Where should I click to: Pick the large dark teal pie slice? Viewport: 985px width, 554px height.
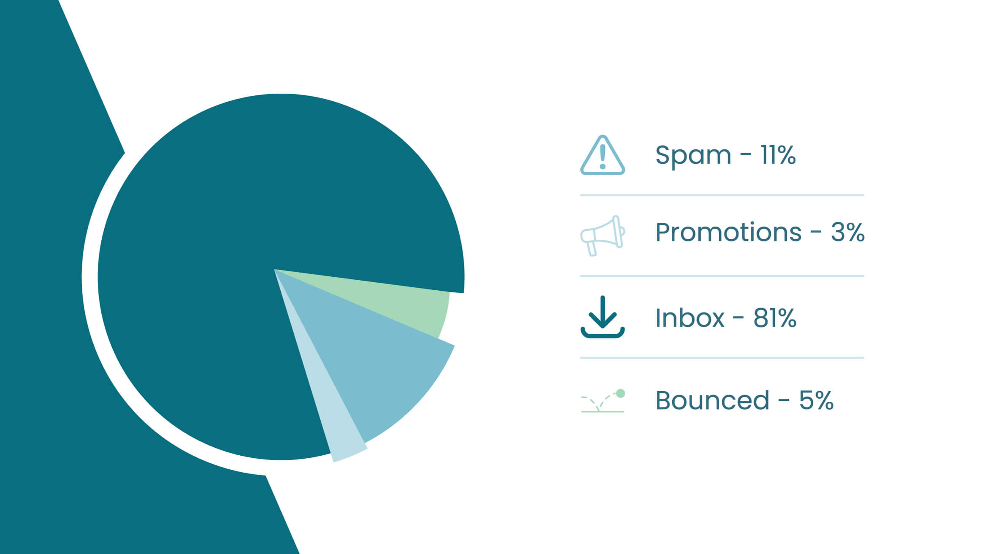click(236, 236)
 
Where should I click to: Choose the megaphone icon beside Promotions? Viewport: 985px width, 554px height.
click(602, 235)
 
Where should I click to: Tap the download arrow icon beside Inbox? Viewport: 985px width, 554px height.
click(602, 317)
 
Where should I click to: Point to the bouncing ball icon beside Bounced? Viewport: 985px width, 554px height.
click(602, 401)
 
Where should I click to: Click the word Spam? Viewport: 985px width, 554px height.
click(693, 155)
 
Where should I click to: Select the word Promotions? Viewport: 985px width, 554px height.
click(728, 232)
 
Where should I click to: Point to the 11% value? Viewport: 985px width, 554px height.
click(778, 155)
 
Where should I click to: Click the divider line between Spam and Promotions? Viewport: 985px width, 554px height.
click(722, 195)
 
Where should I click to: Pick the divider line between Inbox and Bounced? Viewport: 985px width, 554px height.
click(722, 358)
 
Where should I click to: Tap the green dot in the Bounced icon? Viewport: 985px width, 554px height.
click(620, 394)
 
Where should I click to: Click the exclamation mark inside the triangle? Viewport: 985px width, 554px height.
click(603, 156)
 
